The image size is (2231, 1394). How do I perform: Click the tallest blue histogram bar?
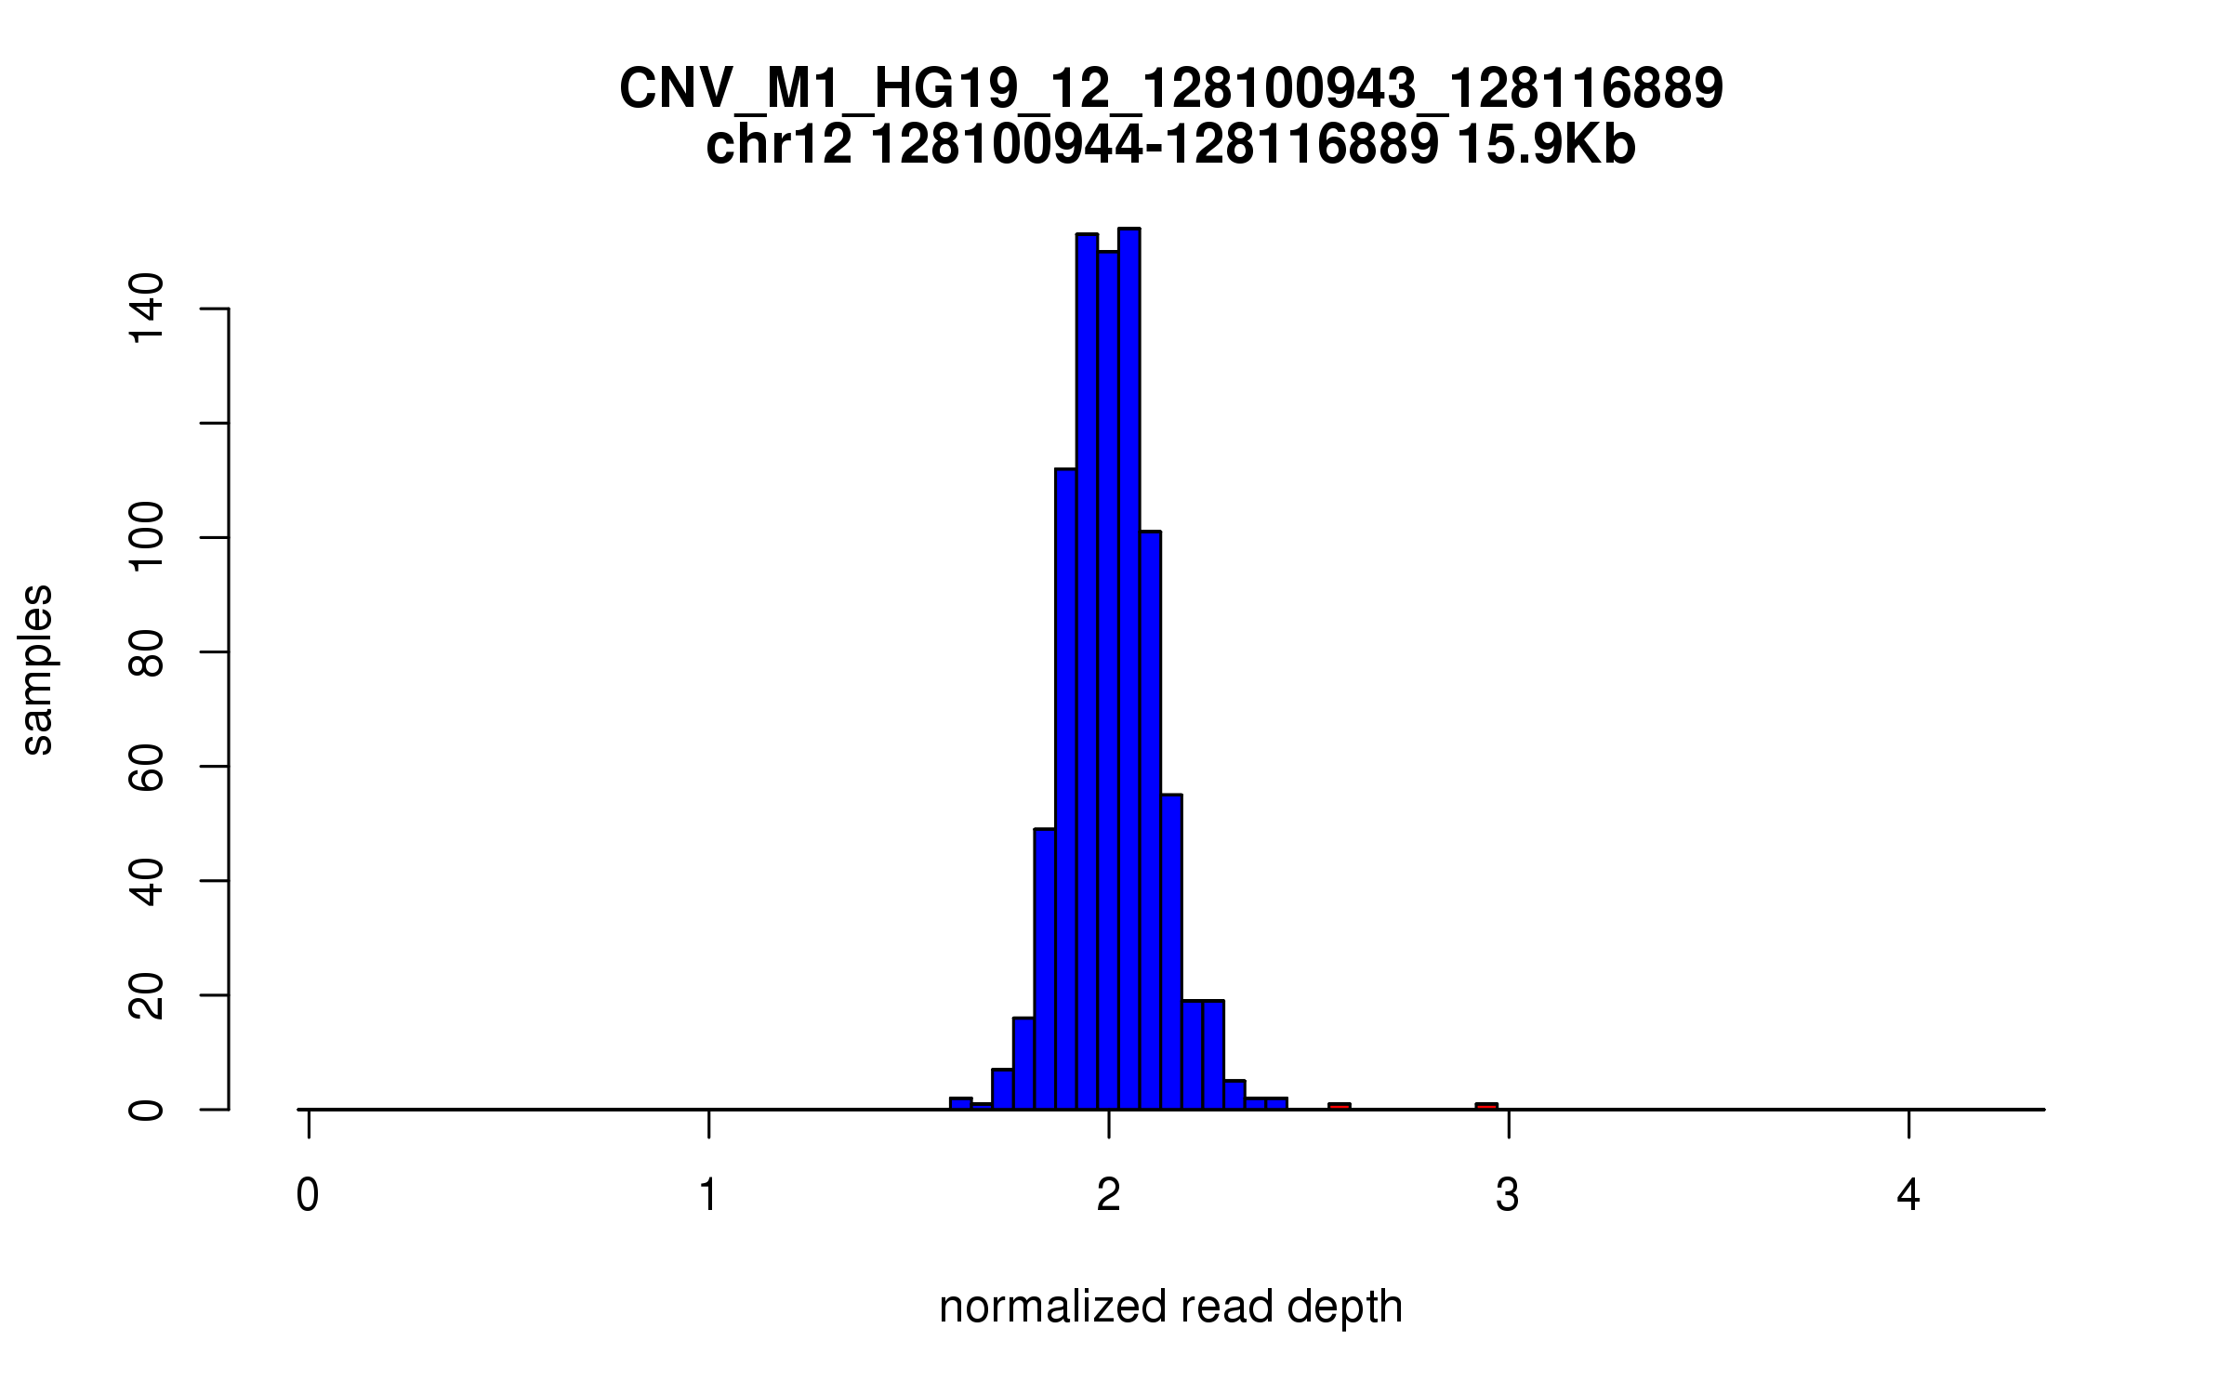1129,669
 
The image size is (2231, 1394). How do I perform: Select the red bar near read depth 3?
1486,1106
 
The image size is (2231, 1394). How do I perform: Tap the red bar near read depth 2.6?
1339,1106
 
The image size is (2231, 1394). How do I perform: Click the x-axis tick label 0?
308,1195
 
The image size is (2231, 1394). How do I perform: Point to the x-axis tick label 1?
708,1195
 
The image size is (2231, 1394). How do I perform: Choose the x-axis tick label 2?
1108,1195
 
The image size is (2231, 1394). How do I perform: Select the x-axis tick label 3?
1508,1195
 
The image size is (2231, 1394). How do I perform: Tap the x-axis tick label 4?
1908,1195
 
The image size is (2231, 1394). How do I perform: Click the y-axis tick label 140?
146,309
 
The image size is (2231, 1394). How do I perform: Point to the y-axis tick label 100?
146,537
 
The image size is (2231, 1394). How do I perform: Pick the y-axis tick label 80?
146,652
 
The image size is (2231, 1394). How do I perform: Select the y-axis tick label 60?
146,767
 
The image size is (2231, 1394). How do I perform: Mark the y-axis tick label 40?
146,881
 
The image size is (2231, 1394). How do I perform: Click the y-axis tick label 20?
146,995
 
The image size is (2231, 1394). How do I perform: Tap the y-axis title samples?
37,669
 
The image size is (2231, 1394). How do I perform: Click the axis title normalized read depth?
1170,1307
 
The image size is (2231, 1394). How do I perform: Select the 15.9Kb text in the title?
1545,146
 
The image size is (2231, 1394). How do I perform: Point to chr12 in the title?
779,146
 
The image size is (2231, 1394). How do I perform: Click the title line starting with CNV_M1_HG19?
1170,89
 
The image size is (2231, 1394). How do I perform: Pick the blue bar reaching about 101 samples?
1150,818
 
